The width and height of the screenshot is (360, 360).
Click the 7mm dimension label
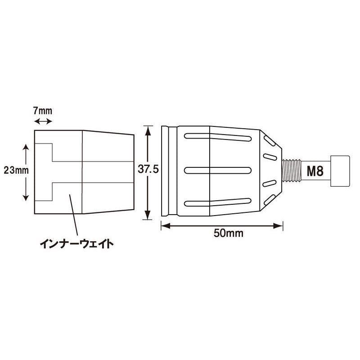(x=43, y=111)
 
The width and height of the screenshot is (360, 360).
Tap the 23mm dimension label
(x=16, y=171)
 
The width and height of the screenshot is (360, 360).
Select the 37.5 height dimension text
(x=148, y=170)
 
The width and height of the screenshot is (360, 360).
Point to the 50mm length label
(x=229, y=233)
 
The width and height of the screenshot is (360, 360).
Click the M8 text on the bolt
(x=315, y=171)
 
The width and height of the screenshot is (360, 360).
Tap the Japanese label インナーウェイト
(x=76, y=243)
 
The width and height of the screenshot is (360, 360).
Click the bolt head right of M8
(x=340, y=171)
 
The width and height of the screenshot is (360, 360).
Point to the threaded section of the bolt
(x=292, y=171)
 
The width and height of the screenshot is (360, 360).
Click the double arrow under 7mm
(x=43, y=121)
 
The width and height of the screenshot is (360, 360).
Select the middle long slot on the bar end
(x=218, y=171)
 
